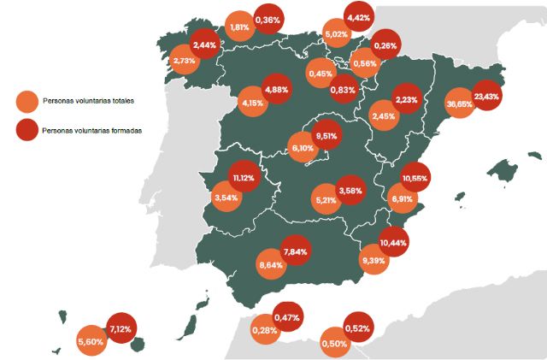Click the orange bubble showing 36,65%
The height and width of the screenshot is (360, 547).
pyautogui.click(x=460, y=103)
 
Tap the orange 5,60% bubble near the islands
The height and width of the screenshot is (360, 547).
pyautogui.click(x=90, y=340)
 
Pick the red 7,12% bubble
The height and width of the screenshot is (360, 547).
pyautogui.click(x=120, y=328)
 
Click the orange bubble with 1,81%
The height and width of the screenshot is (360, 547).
pyautogui.click(x=240, y=27)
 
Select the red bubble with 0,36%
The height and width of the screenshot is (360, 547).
pyautogui.click(x=268, y=19)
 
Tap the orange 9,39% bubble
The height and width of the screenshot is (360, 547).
pyautogui.click(x=373, y=259)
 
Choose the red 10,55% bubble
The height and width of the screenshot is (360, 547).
pyautogui.click(x=415, y=177)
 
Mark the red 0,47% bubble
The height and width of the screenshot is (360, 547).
pyautogui.click(x=287, y=318)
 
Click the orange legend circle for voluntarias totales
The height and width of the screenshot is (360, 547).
pyautogui.click(x=28, y=101)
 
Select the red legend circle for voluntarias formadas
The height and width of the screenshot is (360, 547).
pyautogui.click(x=28, y=130)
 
